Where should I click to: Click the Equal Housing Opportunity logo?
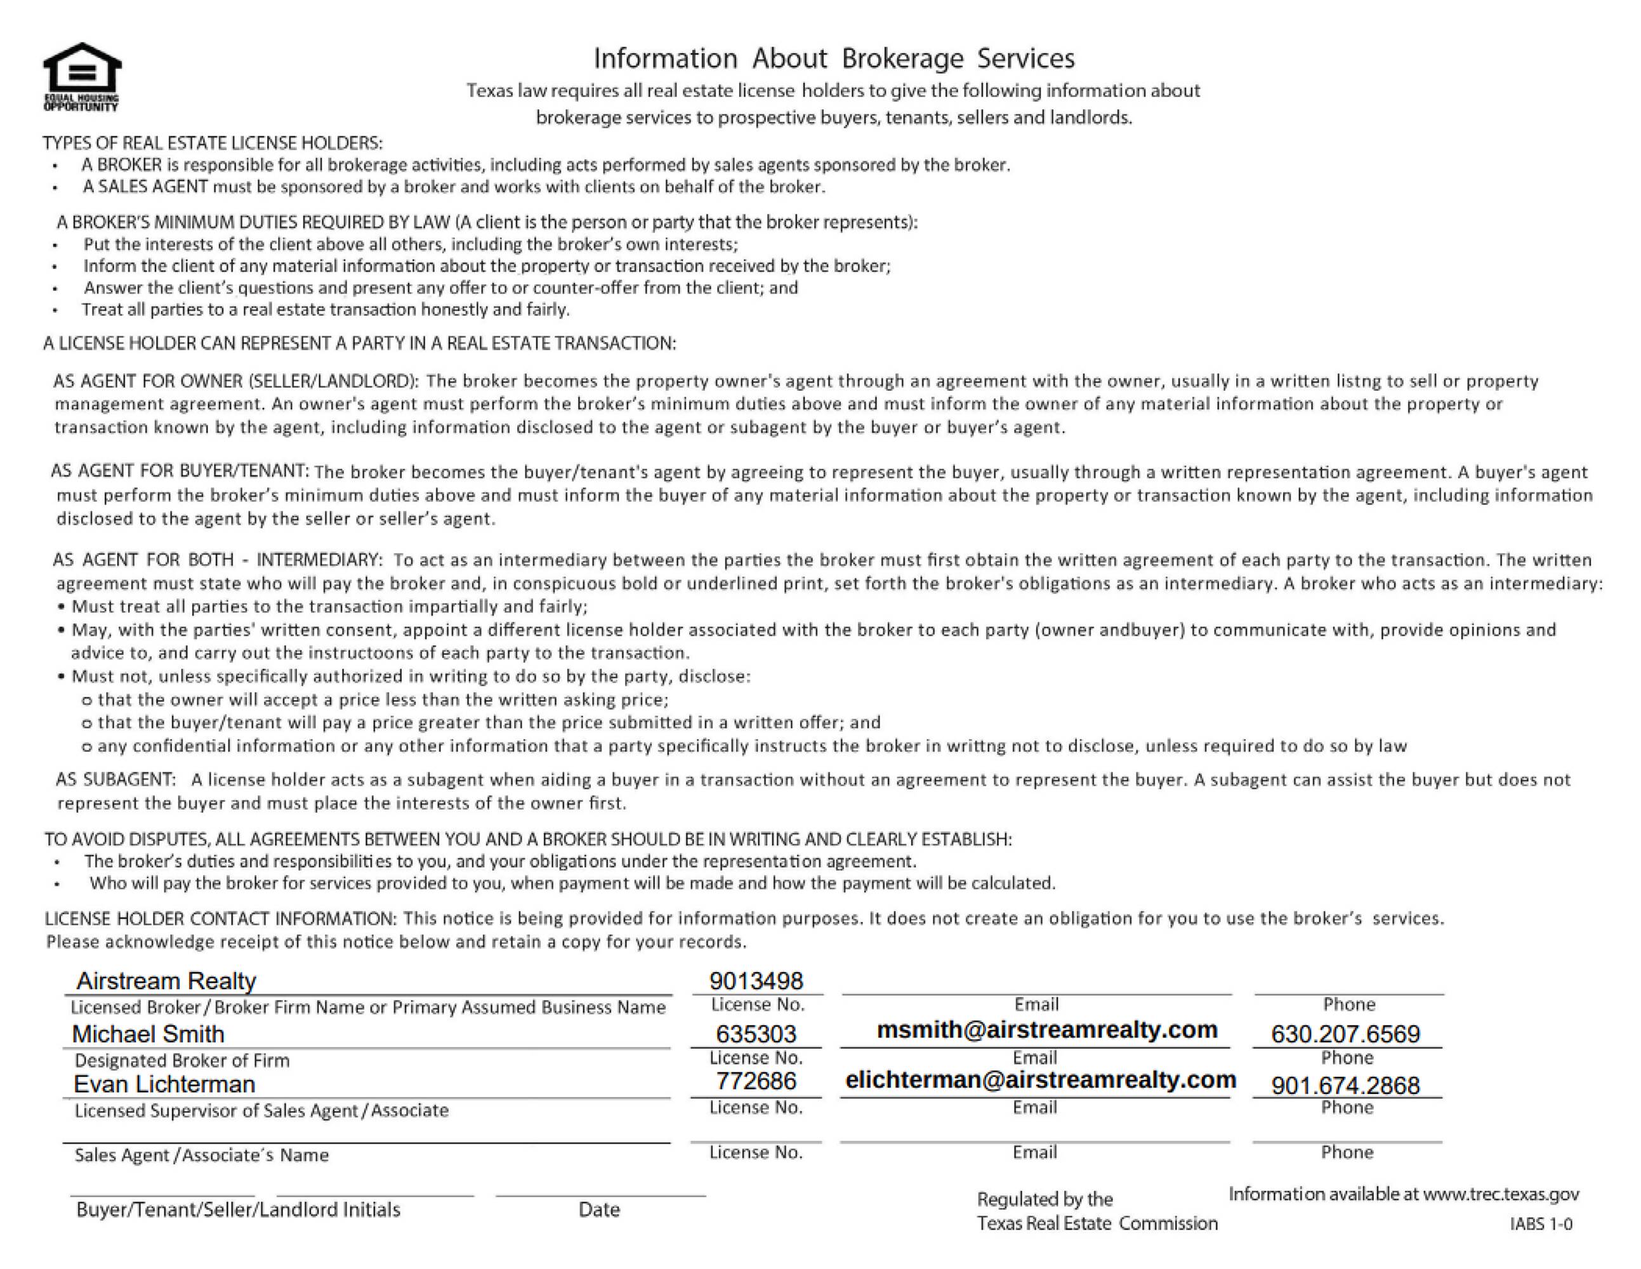tap(82, 76)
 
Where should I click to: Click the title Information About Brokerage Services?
tap(834, 58)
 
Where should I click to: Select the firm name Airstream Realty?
tap(166, 980)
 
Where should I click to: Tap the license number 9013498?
tap(756, 980)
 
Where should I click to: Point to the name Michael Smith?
tap(148, 1034)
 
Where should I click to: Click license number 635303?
tap(756, 1034)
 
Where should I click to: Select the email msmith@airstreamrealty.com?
tap(1046, 1029)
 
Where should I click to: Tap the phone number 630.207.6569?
tap(1345, 1034)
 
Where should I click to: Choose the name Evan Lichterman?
tap(164, 1084)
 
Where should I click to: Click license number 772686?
tap(756, 1081)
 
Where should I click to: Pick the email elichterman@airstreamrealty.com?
tap(1041, 1080)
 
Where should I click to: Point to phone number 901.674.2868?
tap(1345, 1085)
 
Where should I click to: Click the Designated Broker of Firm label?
tap(182, 1060)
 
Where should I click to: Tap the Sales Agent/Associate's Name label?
tap(201, 1155)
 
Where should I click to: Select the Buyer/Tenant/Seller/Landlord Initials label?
tap(238, 1209)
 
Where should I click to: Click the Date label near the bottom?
tap(599, 1209)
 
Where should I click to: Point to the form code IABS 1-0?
tap(1540, 1224)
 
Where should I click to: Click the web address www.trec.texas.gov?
tap(1501, 1194)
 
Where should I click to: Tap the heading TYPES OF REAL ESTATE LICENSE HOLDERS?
tap(213, 143)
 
